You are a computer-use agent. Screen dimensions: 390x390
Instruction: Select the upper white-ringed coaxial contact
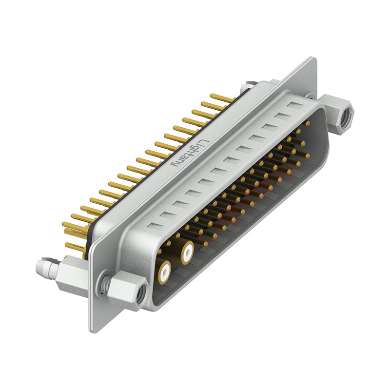click(x=187, y=253)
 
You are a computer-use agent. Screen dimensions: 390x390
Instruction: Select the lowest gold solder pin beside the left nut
click(x=73, y=246)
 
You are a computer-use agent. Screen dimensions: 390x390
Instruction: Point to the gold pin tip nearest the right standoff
click(x=307, y=123)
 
